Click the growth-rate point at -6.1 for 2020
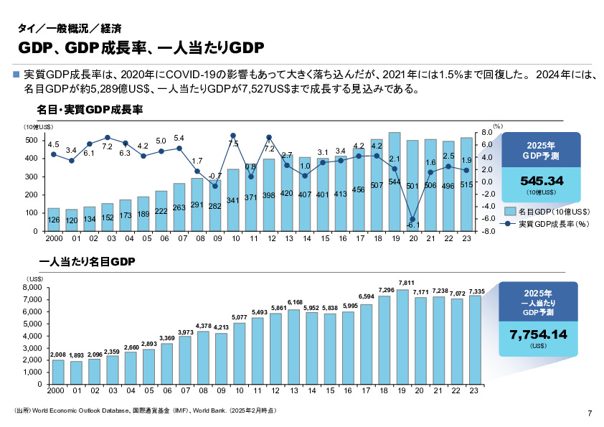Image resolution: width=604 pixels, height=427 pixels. (x=412, y=220)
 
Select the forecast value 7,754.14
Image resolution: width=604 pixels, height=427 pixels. (x=538, y=334)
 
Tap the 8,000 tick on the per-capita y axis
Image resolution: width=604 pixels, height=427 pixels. (x=34, y=287)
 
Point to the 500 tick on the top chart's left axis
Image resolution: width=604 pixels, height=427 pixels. (x=32, y=140)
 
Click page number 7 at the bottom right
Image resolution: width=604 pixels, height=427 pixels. (x=589, y=413)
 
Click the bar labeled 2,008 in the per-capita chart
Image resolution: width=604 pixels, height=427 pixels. (x=58, y=371)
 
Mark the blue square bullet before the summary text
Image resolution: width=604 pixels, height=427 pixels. (x=16, y=75)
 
